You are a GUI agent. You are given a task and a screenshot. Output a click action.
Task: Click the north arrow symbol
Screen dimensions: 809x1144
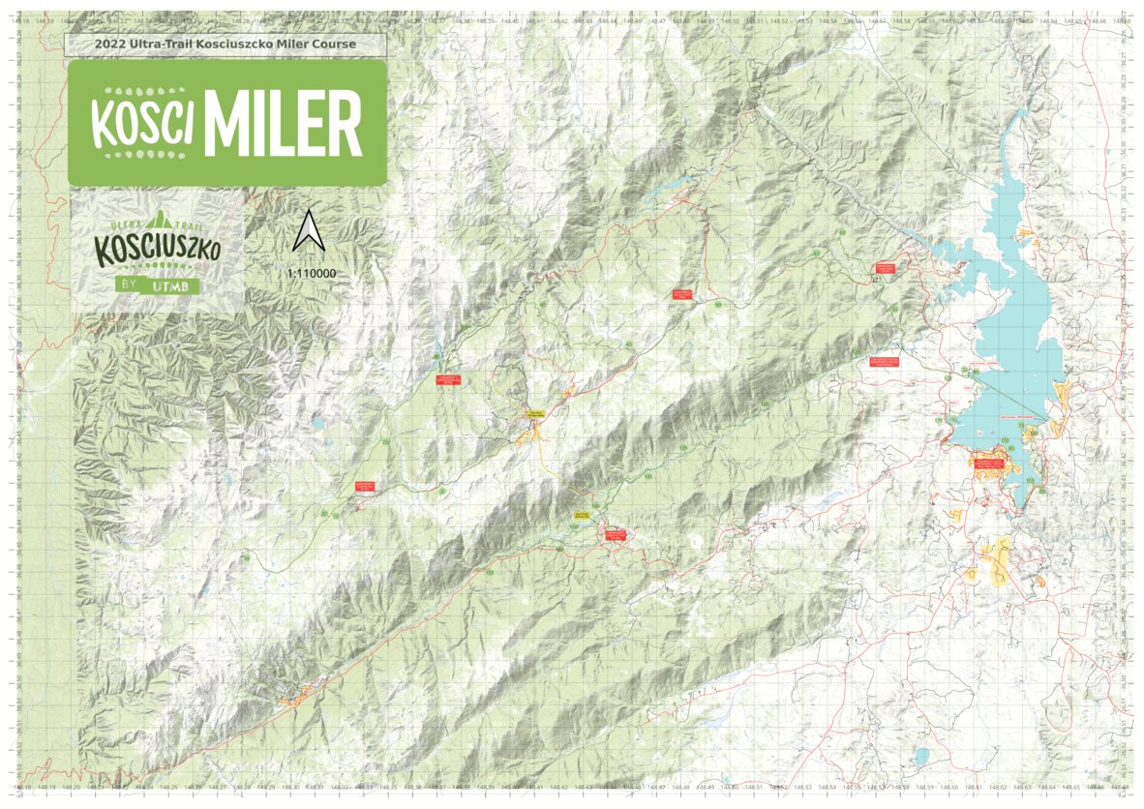(309, 231)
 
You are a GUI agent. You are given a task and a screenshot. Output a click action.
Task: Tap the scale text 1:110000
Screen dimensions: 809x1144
(312, 274)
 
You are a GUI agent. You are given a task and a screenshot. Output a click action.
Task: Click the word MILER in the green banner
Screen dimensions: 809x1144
(283, 123)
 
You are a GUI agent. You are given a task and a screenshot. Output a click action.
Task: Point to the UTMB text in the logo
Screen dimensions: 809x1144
(175, 286)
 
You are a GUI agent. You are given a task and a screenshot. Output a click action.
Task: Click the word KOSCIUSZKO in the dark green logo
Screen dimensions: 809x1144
(158, 251)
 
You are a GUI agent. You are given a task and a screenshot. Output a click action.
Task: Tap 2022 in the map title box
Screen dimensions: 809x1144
(110, 45)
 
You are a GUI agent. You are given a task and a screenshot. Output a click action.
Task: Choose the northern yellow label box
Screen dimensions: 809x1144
(536, 413)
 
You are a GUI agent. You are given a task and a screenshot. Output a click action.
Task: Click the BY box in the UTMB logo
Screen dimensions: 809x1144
(128, 286)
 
